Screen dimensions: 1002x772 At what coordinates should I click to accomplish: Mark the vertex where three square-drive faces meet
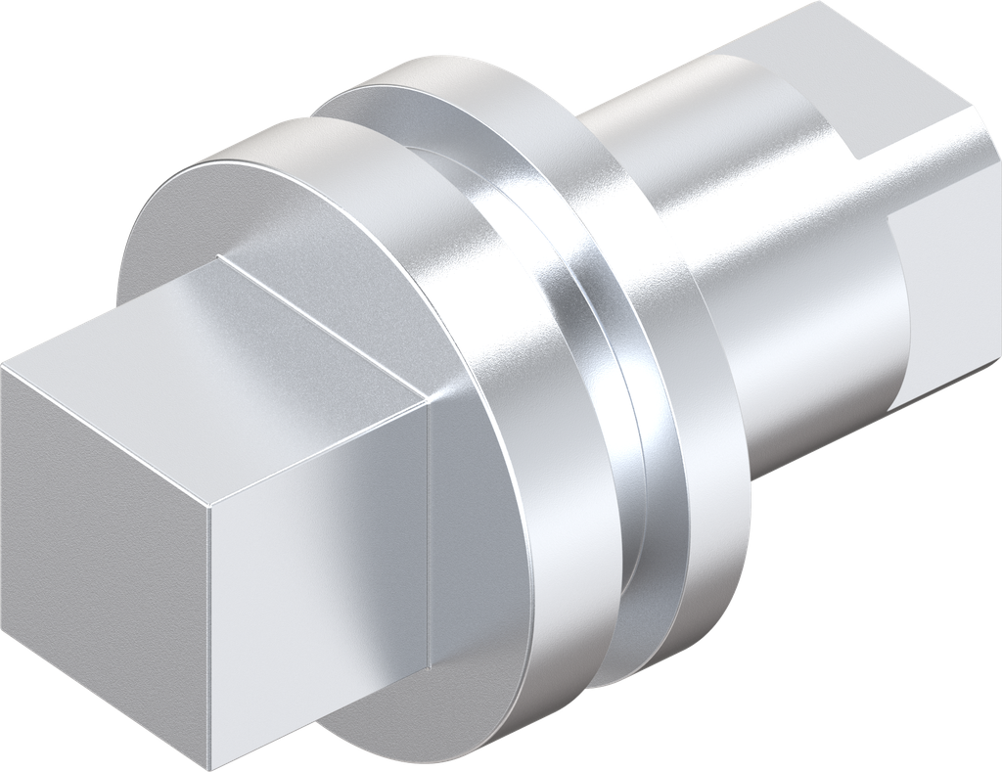pos(210,504)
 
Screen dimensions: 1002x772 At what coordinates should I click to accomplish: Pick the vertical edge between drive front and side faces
pos(211,636)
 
